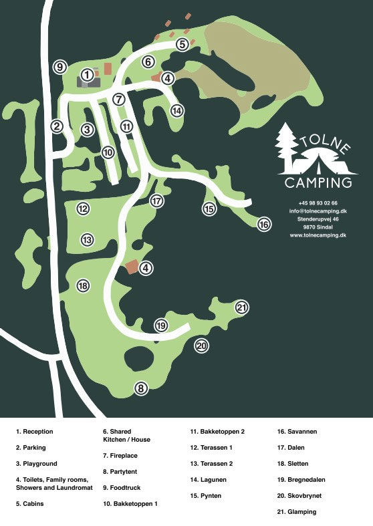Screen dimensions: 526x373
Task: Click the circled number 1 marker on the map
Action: pyautogui.click(x=86, y=74)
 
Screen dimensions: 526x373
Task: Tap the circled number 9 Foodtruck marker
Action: pyautogui.click(x=59, y=67)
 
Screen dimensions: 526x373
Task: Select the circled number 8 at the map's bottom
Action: pyautogui.click(x=140, y=388)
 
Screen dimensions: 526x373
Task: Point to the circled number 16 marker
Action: pyautogui.click(x=264, y=225)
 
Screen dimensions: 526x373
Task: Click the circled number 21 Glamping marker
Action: pyautogui.click(x=242, y=307)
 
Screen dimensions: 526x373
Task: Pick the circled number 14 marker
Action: pyautogui.click(x=176, y=111)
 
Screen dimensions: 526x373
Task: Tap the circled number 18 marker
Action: pyautogui.click(x=83, y=286)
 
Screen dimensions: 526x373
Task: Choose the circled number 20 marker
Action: pyautogui.click(x=201, y=346)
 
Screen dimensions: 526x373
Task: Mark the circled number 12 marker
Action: pyautogui.click(x=83, y=209)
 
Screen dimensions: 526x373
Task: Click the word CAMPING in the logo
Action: pyautogui.click(x=318, y=182)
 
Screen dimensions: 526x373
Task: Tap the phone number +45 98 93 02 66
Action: pyautogui.click(x=318, y=203)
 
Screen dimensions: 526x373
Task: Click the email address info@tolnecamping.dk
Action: pyautogui.click(x=318, y=211)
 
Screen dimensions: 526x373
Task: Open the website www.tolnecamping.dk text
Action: pyautogui.click(x=318, y=235)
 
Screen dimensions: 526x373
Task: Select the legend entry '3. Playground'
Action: pyautogui.click(x=37, y=464)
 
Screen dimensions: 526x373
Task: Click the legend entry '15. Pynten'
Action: pyautogui.click(x=205, y=496)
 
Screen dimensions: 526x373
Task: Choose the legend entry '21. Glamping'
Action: pyautogui.click(x=297, y=512)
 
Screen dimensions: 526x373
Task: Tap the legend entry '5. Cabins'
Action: pyautogui.click(x=30, y=504)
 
